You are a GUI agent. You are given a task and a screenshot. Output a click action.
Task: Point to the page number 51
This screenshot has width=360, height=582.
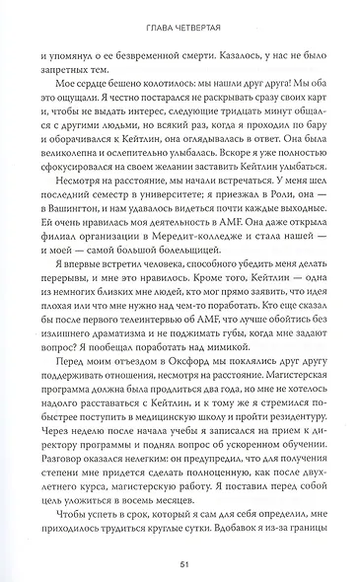(180, 565)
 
